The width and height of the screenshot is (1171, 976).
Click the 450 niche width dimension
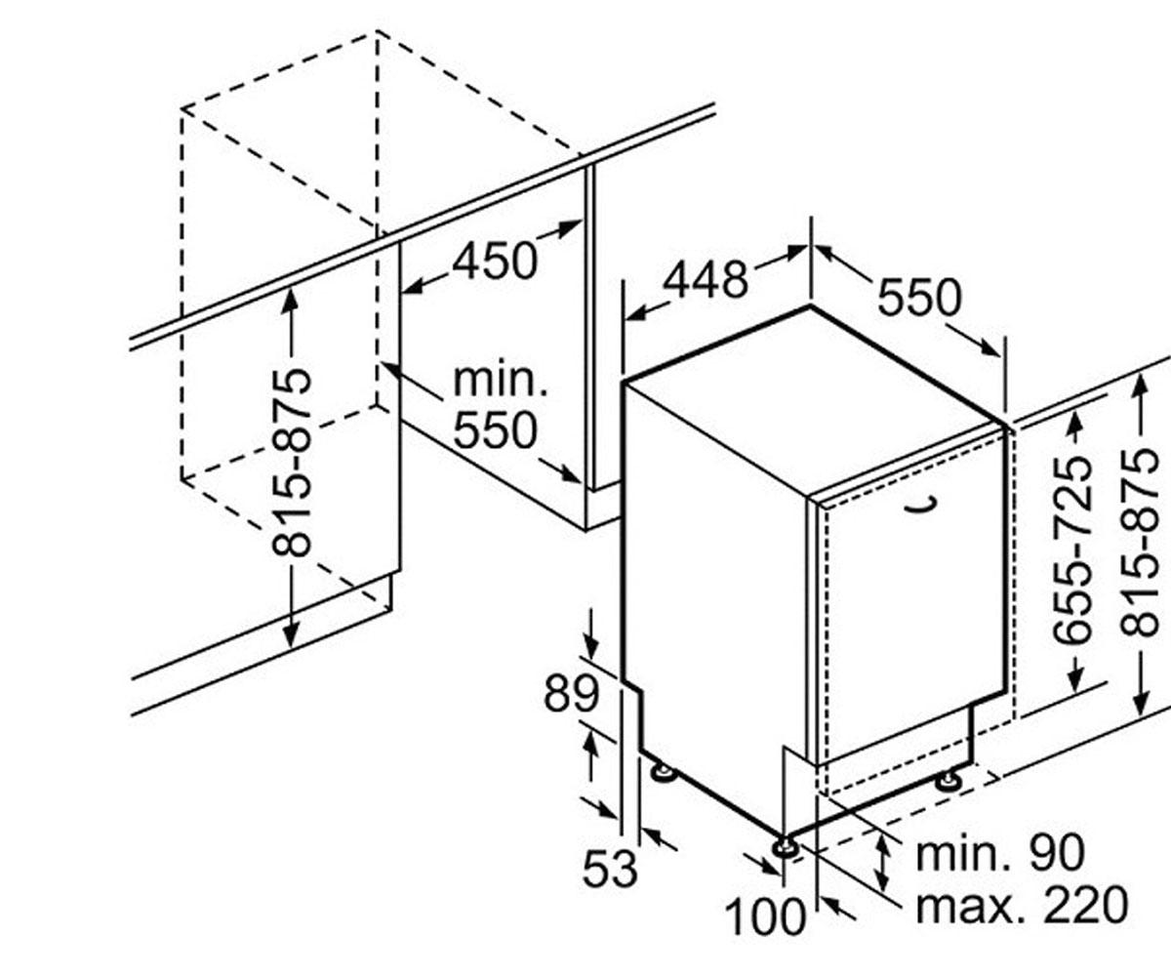495,262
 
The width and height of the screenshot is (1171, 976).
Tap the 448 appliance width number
706,279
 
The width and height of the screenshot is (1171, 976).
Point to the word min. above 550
500,381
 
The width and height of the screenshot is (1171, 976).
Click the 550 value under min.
495,430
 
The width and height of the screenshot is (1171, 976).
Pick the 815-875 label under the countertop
291,462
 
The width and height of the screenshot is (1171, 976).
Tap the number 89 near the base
572,693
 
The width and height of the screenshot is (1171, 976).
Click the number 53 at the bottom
610,869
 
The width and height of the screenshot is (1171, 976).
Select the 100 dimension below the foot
765,916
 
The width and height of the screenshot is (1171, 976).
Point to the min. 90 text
999,853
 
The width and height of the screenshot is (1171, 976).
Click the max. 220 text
1022,906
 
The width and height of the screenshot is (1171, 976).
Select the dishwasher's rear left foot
663,772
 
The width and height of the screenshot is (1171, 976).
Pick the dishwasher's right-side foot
949,780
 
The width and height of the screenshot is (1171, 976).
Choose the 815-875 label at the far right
1140,542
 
